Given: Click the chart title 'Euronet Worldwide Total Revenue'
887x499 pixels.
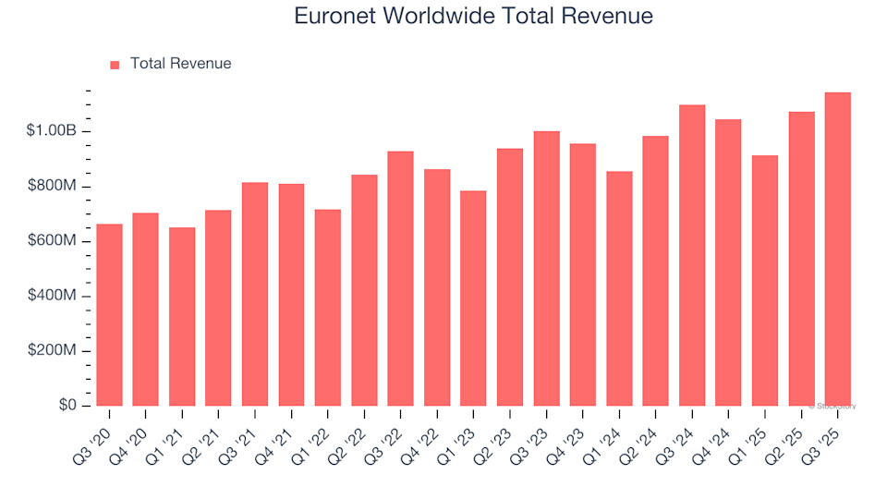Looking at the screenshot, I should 473,16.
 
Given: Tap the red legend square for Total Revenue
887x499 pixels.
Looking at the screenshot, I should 115,65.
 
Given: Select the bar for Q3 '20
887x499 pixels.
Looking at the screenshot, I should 109,315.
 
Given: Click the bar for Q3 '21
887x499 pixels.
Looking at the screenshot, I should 255,295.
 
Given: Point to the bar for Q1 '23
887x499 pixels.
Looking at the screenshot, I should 473,298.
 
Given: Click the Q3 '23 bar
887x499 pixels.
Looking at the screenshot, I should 546,269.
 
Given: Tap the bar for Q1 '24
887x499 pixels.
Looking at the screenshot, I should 619,289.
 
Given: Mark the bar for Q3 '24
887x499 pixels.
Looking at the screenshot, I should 692,256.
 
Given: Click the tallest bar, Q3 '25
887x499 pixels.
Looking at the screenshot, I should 838,249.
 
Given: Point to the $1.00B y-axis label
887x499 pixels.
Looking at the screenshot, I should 53,131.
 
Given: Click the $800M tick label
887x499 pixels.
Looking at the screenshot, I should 53,187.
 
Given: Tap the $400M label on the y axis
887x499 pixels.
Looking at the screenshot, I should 53,297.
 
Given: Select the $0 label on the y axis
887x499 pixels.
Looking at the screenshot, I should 67,407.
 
